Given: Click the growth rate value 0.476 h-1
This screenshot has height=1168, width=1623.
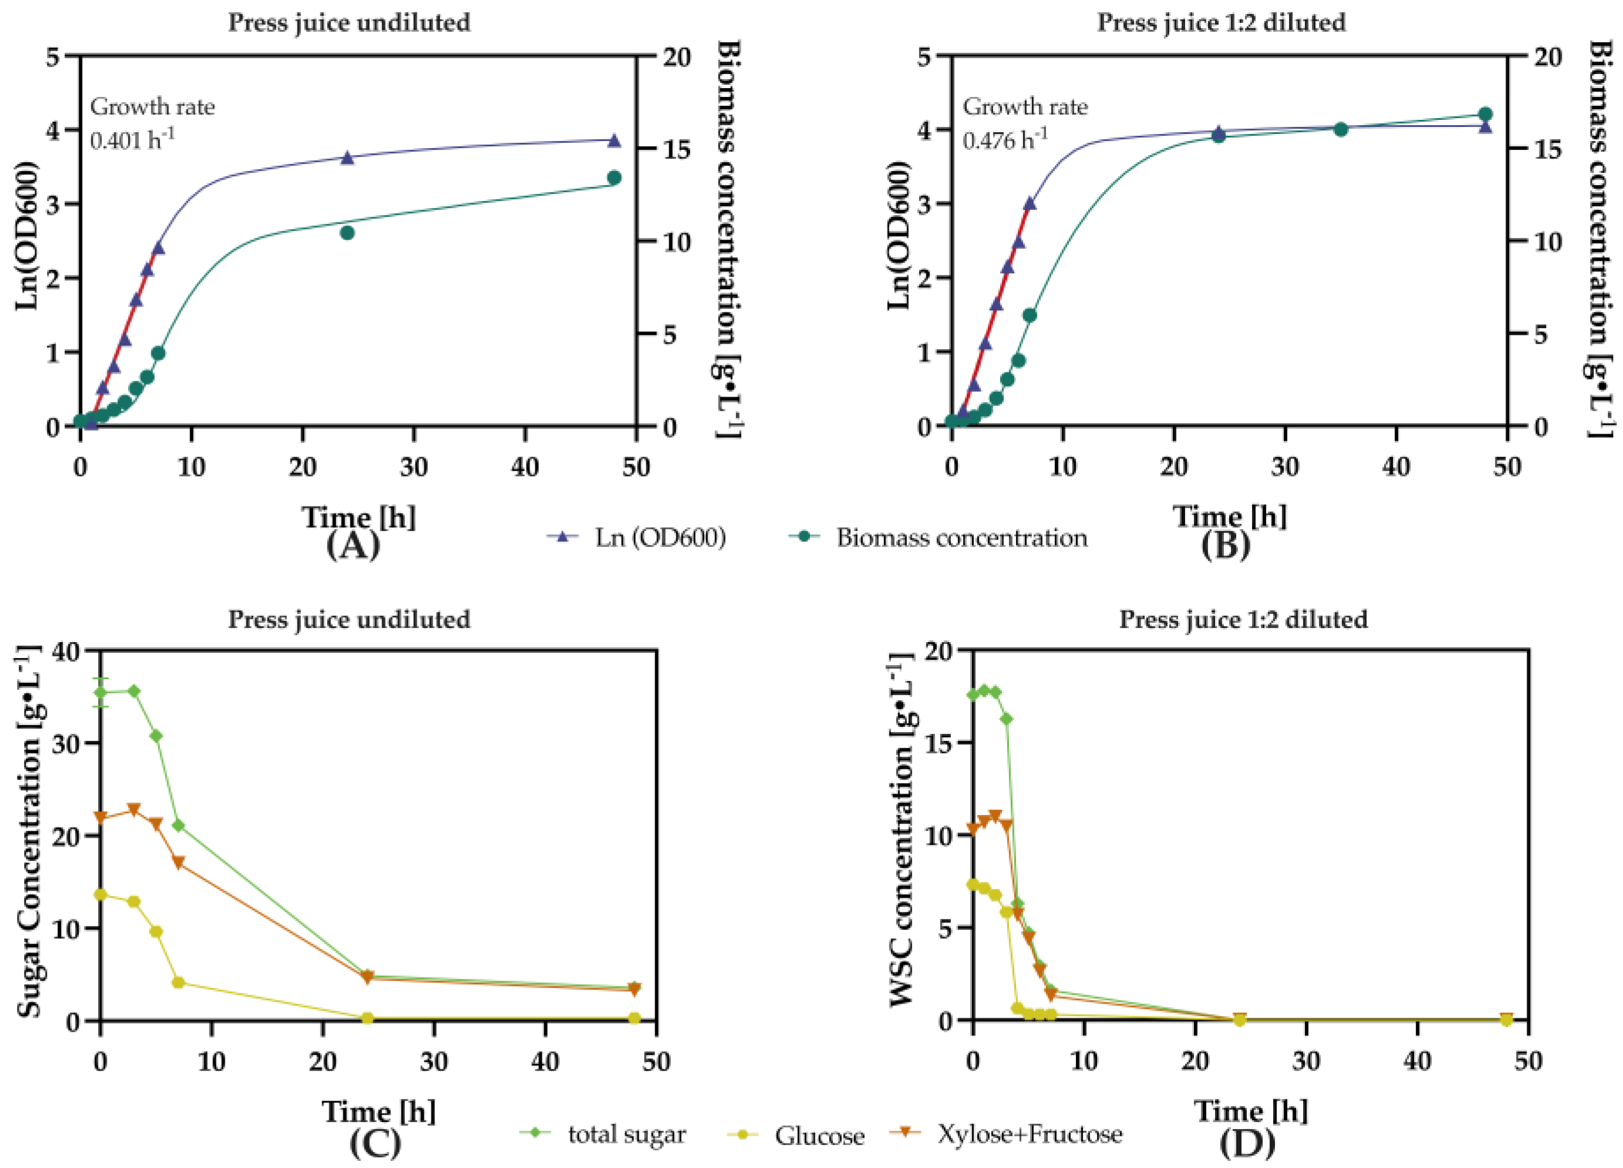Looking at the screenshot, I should (1005, 139).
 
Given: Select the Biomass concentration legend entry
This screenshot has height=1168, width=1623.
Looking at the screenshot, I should (937, 538).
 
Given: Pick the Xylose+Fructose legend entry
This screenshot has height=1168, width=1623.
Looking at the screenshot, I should (1005, 1133).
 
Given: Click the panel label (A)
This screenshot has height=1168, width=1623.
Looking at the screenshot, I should (353, 546).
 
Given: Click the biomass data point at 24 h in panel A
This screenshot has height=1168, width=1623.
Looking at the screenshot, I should (347, 233).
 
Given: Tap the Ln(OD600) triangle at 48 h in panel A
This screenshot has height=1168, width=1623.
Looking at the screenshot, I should (614, 141).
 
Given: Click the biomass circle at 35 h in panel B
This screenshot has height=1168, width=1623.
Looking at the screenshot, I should (1340, 130).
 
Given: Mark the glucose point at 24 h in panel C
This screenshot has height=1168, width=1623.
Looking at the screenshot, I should (367, 1018).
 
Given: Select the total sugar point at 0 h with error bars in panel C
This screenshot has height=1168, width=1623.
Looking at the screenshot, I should (101, 692).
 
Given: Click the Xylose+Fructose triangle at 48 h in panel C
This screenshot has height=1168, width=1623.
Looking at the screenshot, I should (633, 989).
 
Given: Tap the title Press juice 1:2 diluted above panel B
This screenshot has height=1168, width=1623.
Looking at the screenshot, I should (1221, 23).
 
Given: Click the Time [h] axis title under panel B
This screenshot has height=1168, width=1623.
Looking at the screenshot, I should (1229, 516).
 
